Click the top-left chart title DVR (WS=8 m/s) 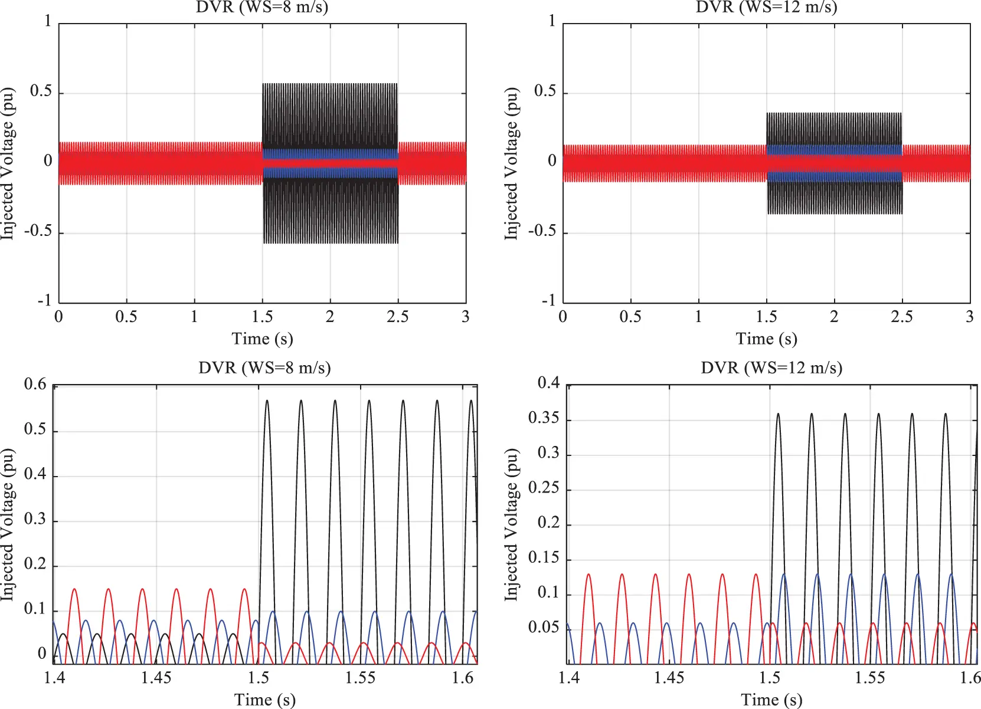point(262,7)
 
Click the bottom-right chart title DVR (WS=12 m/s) point(771,368)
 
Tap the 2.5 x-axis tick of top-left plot point(397,317)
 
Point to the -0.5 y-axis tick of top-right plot point(542,231)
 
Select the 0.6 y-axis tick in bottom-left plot point(35,385)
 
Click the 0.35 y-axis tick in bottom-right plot point(543,418)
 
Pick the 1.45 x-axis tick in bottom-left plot point(156,678)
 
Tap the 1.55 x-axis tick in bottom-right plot point(870,678)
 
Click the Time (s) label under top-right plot point(766,339)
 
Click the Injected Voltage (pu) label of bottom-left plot point(7,525)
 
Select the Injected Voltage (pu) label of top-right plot point(511,163)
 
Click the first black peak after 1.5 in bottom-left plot point(267,401)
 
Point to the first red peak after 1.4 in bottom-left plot point(74,589)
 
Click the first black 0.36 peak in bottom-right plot point(778,413)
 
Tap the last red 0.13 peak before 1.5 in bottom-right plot point(756,574)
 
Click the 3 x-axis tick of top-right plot point(969,317)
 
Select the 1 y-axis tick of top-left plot point(48,21)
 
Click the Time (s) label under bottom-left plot point(264,700)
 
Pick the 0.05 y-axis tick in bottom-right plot point(543,627)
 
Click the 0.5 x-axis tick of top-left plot point(126,317)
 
